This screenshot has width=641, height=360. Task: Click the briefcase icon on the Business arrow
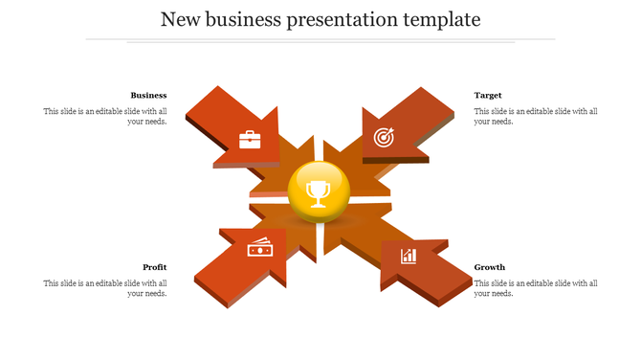[x=250, y=140]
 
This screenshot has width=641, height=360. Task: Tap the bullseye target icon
[x=383, y=138]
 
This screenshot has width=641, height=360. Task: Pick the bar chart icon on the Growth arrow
[x=409, y=256]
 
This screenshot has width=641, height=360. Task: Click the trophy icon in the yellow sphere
[x=318, y=193]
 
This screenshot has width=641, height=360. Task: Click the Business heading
[x=148, y=95]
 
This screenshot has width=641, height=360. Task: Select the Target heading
[x=488, y=95]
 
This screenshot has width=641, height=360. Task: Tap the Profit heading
[x=155, y=267]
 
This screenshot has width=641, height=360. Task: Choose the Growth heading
[x=490, y=267]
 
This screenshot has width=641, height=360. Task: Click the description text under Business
[x=105, y=116]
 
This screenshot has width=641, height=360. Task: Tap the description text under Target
[x=536, y=116]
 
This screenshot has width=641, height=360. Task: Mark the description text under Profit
[x=105, y=288]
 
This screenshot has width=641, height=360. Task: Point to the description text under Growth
[x=536, y=288]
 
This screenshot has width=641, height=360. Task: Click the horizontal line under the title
[x=320, y=40]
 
